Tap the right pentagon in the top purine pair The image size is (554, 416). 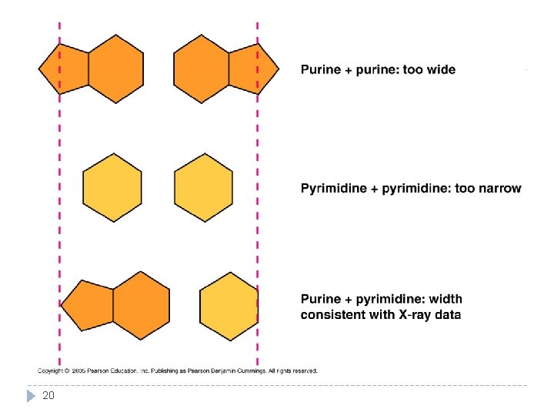(x=253, y=69)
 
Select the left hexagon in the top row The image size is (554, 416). (x=115, y=69)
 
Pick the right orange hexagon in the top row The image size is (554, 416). (x=202, y=69)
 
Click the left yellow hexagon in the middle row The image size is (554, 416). (x=112, y=187)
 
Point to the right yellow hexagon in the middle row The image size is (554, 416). (x=203, y=187)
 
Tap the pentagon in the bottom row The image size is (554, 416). (x=88, y=306)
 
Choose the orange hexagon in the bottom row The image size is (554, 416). (x=142, y=306)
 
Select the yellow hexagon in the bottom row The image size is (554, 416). (x=229, y=306)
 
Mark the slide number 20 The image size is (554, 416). (x=48, y=396)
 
